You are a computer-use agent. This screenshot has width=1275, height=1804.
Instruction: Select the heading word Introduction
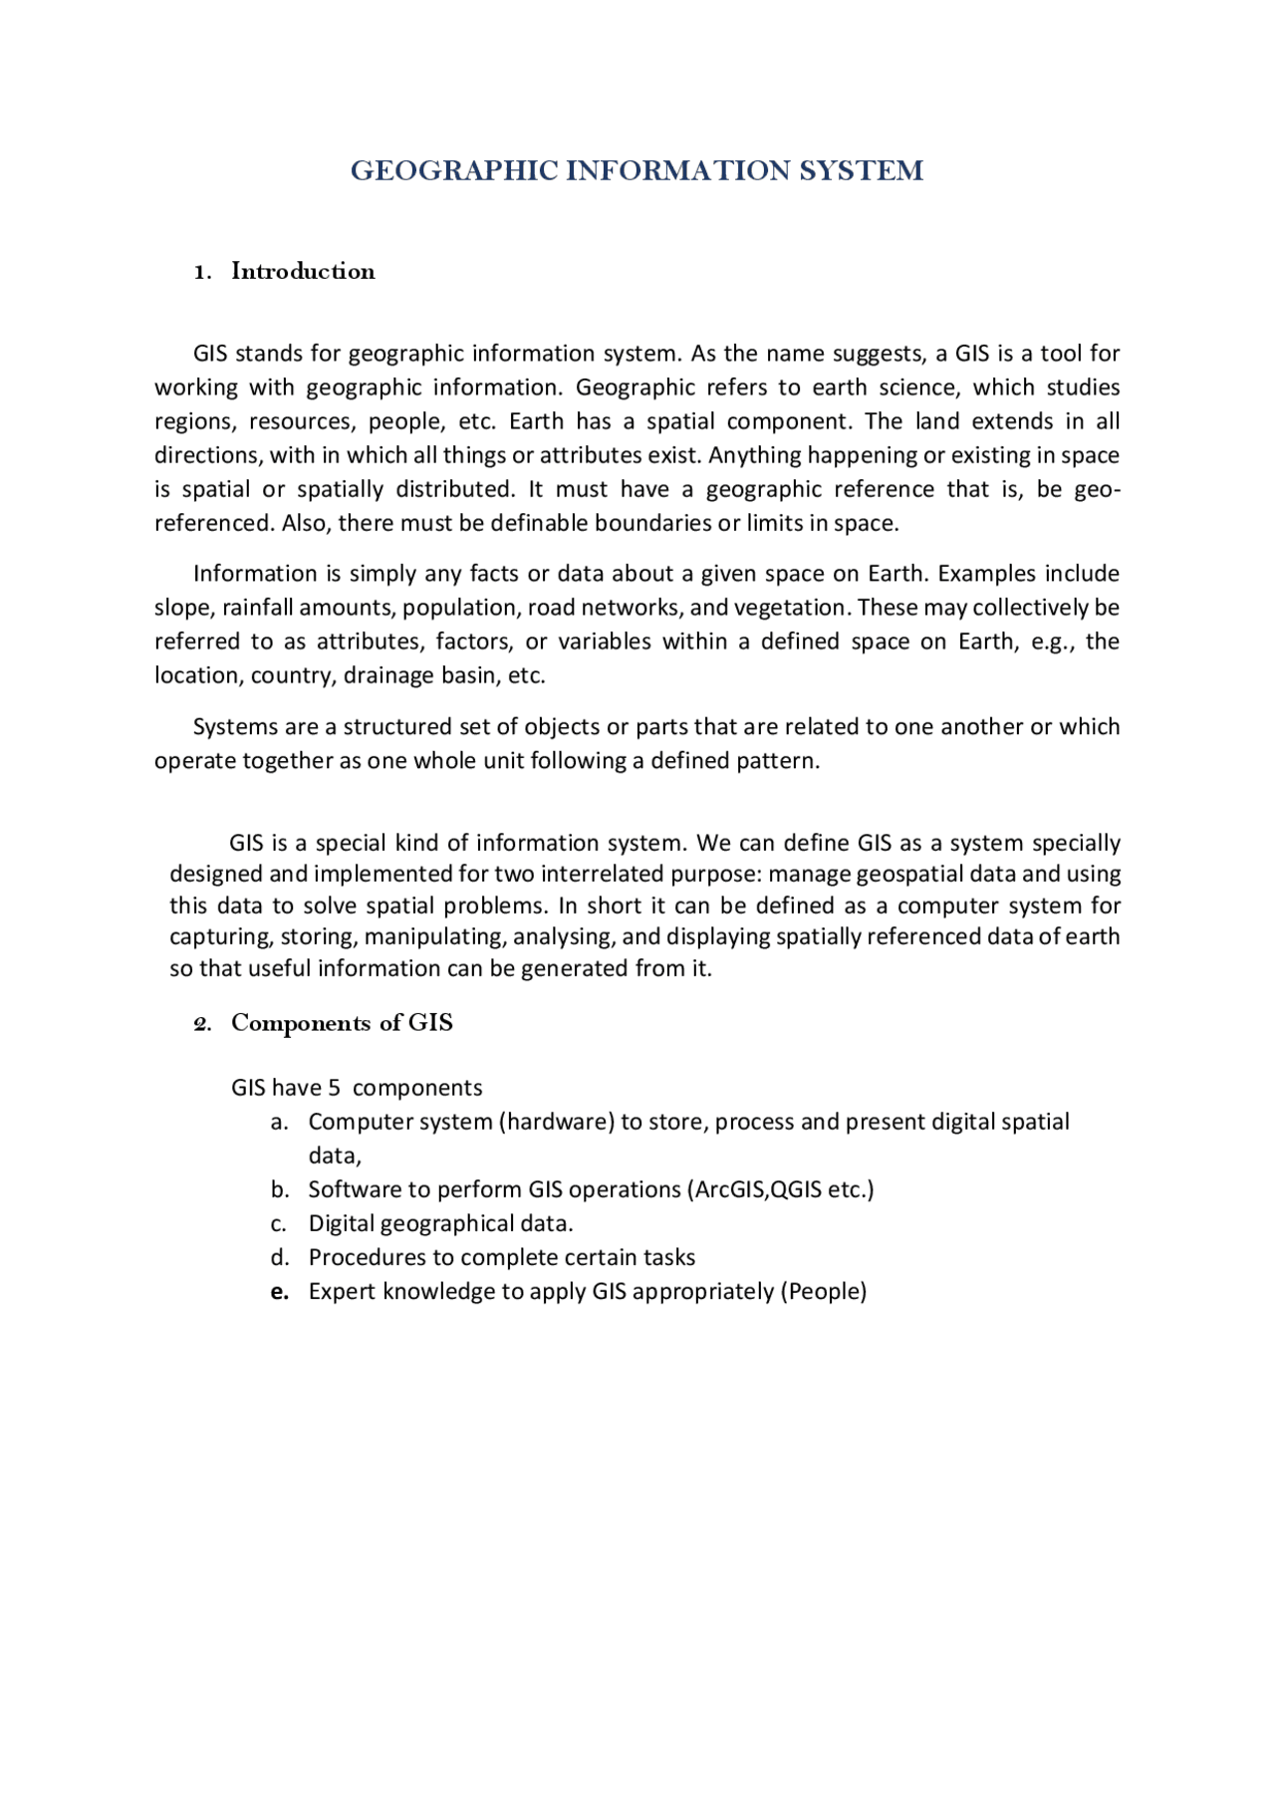303,271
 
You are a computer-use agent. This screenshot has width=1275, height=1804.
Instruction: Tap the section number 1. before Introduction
202,272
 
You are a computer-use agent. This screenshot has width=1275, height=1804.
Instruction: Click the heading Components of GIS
342,1023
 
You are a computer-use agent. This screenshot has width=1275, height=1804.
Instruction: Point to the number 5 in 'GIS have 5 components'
334,1088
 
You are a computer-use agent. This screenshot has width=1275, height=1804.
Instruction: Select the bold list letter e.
280,1292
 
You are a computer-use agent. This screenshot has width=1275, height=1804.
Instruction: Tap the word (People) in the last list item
824,1292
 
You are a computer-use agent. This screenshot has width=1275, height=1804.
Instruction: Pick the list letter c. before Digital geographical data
279,1224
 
